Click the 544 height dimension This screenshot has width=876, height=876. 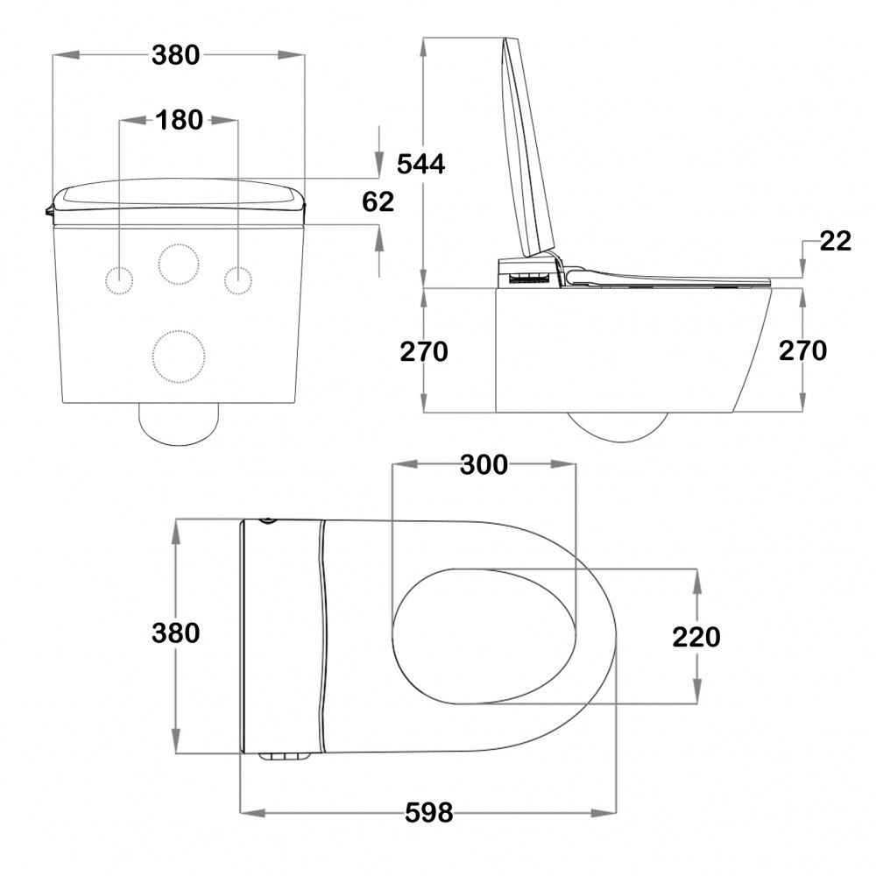[x=420, y=164]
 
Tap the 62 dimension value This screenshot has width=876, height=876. [x=378, y=201]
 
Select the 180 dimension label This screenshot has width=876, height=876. [x=179, y=120]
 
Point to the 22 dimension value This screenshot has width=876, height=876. [x=836, y=241]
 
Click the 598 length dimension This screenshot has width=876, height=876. [x=429, y=812]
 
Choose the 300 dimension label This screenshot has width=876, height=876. [x=484, y=464]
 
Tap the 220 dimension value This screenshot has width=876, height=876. [x=696, y=637]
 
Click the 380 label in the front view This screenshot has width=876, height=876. [x=175, y=55]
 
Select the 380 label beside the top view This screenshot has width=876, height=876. [x=175, y=633]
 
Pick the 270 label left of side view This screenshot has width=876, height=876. [x=424, y=351]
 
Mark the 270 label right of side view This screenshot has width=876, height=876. [x=802, y=350]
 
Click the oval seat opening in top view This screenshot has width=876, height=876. [x=392, y=637]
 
